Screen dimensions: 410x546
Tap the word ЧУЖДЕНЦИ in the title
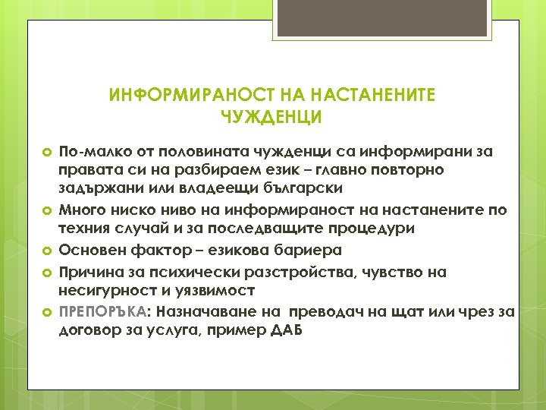272,117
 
